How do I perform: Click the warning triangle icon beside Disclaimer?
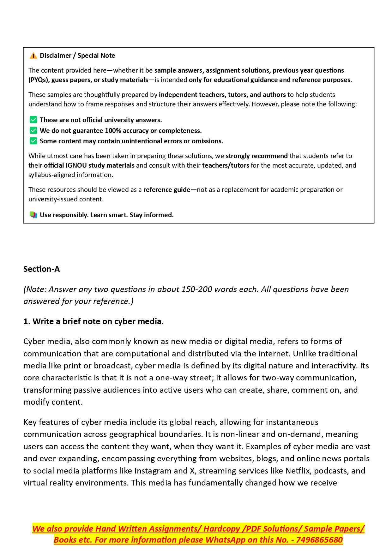click(33, 56)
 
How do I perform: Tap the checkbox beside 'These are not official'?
click(33, 120)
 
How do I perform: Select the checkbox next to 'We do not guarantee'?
click(33, 130)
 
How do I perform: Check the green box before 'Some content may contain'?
click(33, 141)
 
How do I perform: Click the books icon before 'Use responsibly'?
click(33, 215)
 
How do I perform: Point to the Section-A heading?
click(41, 269)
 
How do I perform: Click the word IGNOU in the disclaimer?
click(76, 165)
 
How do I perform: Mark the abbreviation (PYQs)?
click(39, 80)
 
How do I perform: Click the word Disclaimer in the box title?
click(56, 56)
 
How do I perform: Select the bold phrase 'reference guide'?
click(167, 190)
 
